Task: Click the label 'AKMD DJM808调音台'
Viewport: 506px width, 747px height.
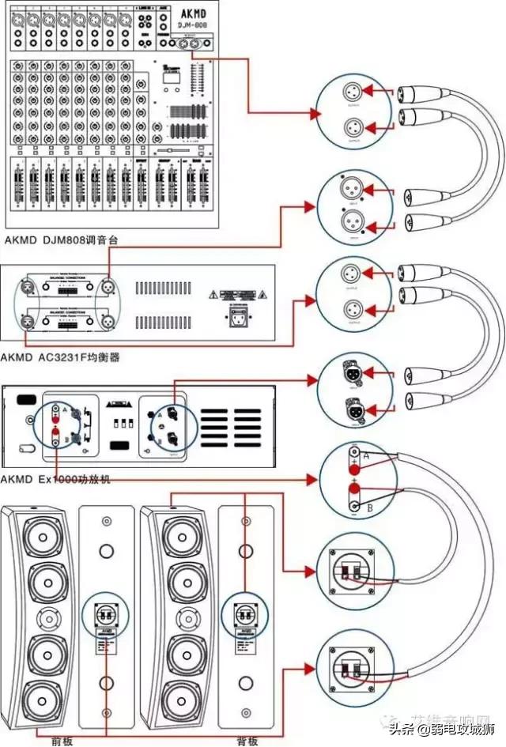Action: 62,239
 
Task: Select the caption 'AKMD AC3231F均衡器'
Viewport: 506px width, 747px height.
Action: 62,357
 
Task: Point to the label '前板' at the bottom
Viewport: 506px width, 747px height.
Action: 62,740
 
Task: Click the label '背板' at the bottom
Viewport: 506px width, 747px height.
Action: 247,740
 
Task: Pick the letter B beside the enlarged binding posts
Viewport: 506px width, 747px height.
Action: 370,507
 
